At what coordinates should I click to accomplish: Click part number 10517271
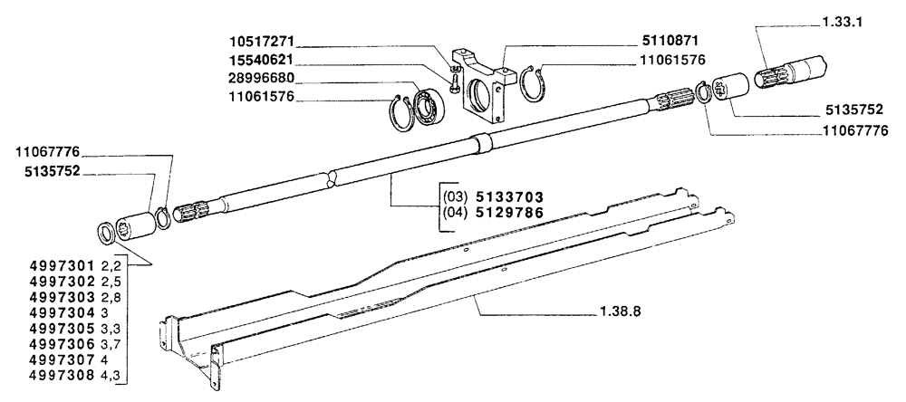262,42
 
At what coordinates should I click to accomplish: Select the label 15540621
262,60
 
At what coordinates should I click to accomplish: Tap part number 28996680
262,78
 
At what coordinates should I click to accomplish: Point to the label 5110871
670,41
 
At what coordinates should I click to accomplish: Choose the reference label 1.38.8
620,312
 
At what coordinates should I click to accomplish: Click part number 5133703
509,196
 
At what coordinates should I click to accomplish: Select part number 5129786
509,213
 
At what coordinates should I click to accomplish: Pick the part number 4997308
62,376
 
